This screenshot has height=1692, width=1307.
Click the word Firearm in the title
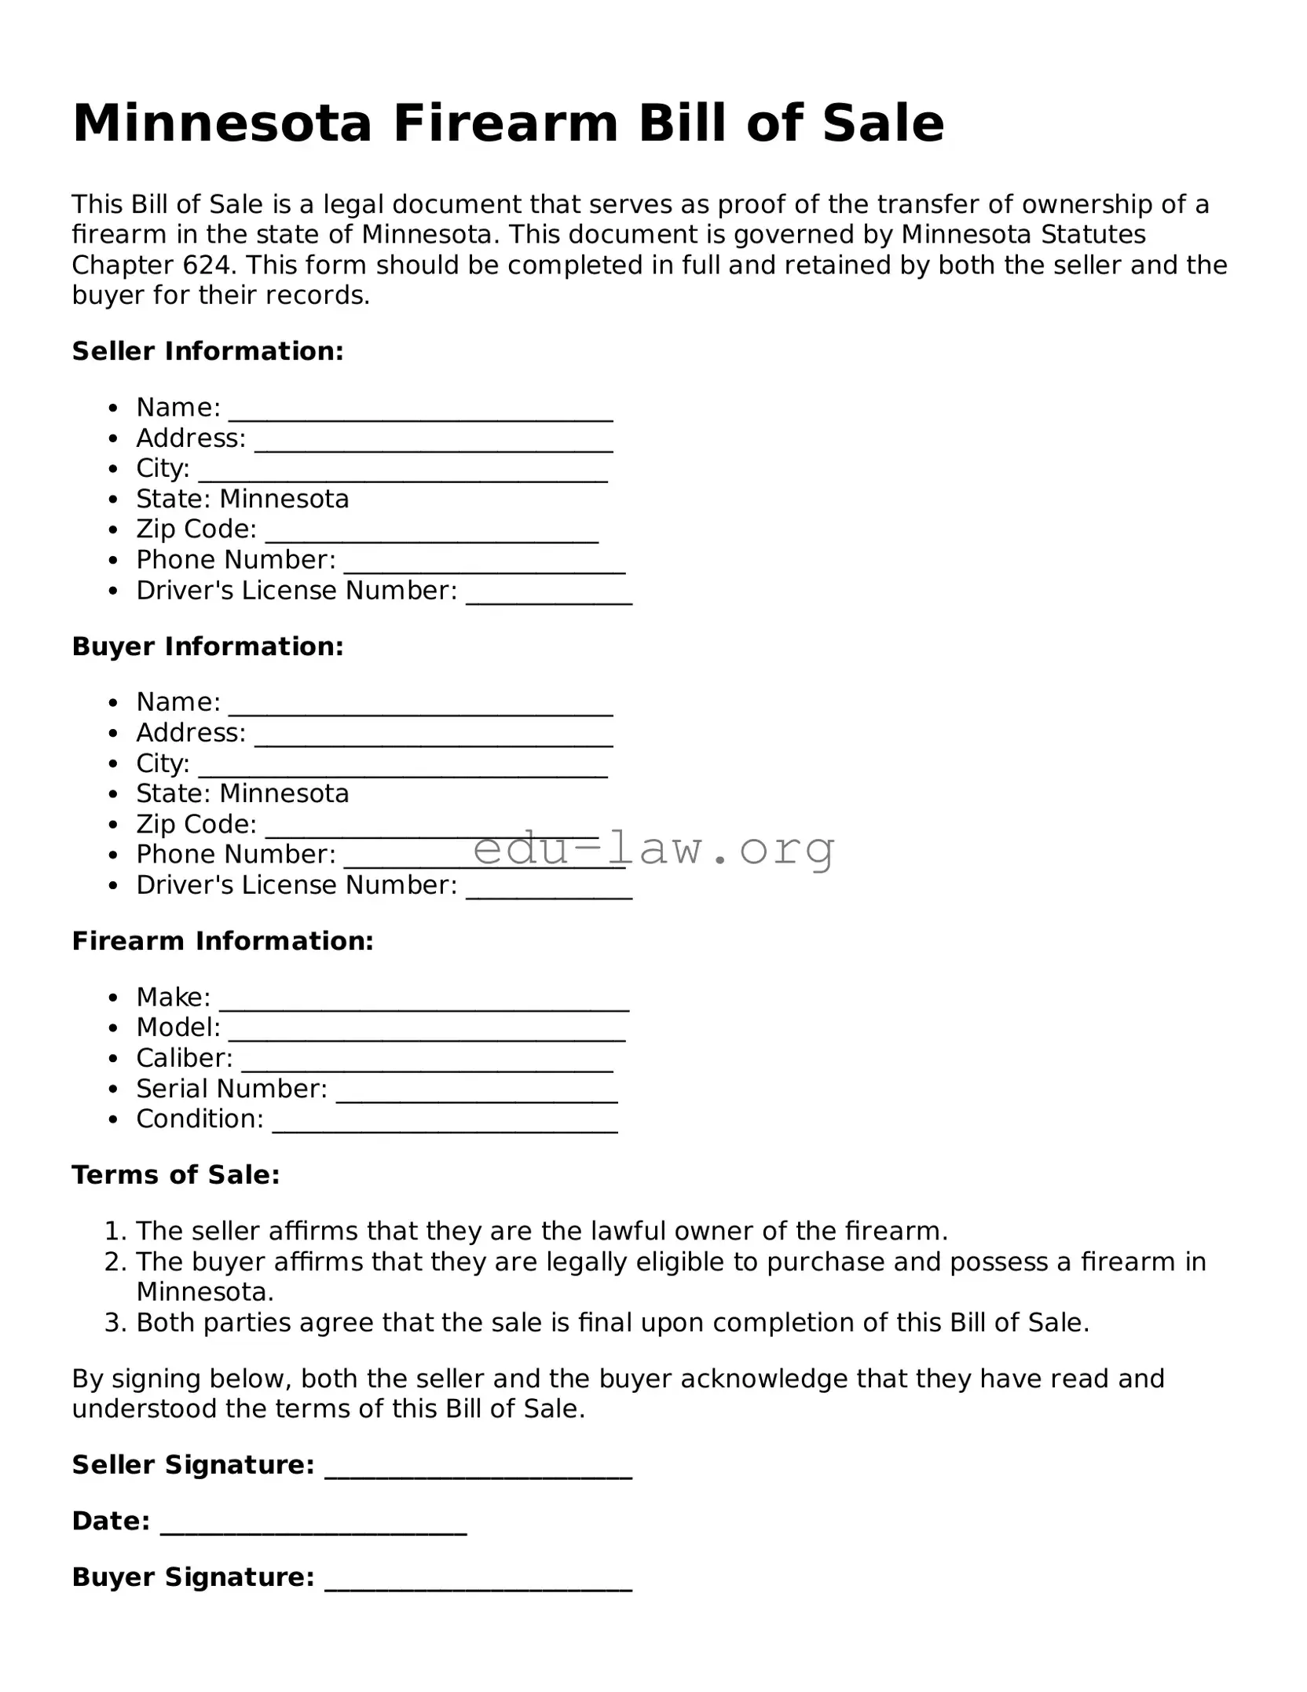(506, 123)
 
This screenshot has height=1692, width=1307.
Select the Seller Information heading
(208, 351)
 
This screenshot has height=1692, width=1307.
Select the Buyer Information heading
(208, 646)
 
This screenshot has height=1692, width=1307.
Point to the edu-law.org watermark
(653, 848)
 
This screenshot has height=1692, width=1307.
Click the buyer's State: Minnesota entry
(242, 793)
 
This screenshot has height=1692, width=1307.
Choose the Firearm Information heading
(223, 941)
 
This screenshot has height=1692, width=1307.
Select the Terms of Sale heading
(176, 1175)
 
